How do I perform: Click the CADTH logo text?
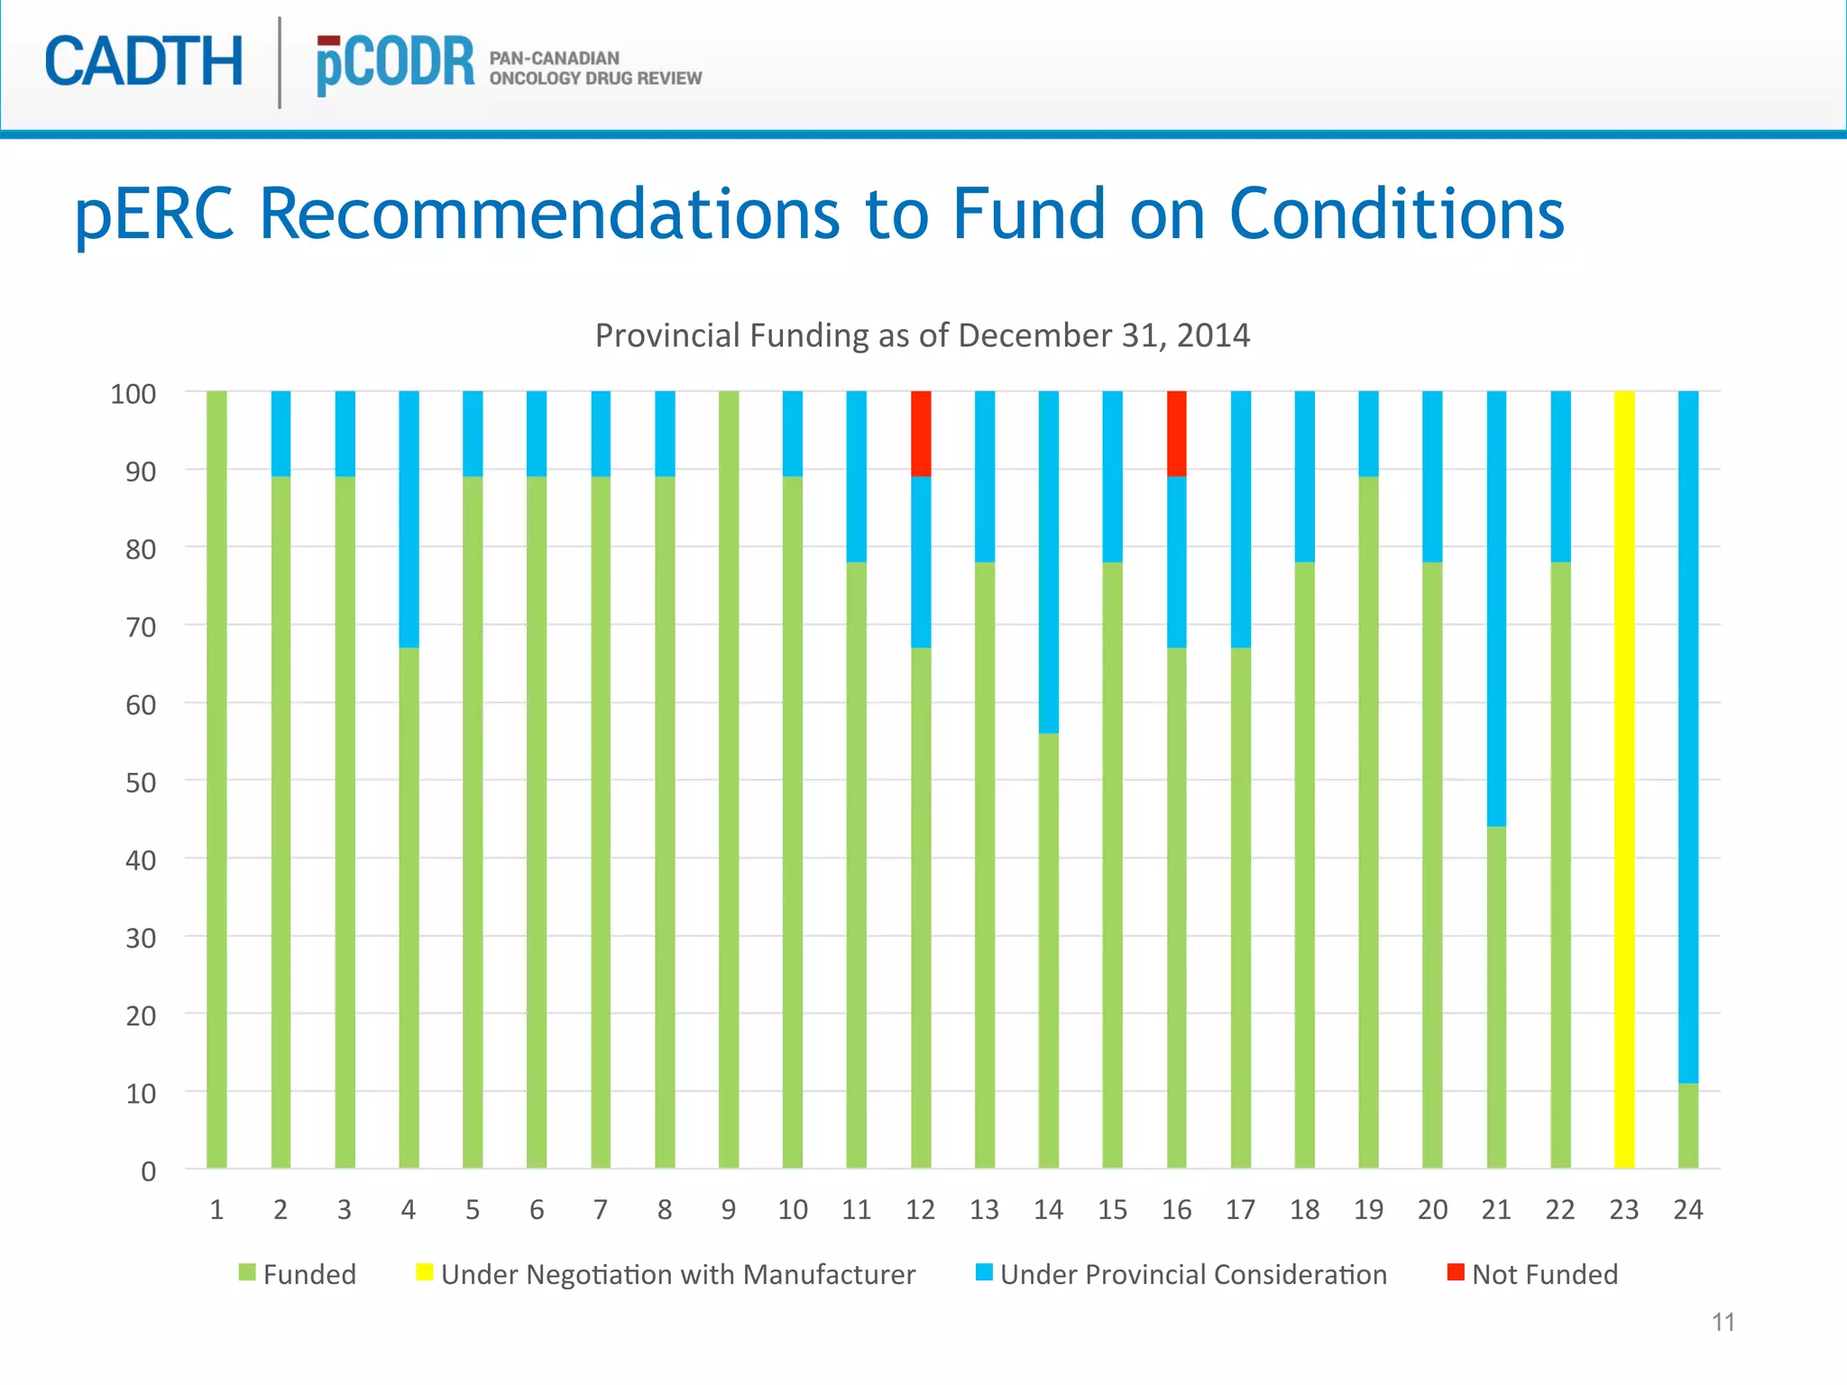coord(144,62)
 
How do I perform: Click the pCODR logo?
coord(395,65)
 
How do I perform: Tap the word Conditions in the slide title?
coord(1396,215)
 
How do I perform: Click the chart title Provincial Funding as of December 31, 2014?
coord(922,335)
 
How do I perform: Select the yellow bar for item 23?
coord(1623,780)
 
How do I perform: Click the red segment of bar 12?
coord(921,434)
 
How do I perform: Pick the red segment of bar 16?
coord(1176,434)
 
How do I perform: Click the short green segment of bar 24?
coord(1687,1125)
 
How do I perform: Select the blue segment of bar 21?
coord(1496,609)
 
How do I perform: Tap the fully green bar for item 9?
coord(729,780)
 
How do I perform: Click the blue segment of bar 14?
coord(1048,562)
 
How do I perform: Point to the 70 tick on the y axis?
coord(141,627)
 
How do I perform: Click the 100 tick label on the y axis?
coord(133,394)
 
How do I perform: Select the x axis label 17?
coord(1240,1209)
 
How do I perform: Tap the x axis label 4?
coord(409,1209)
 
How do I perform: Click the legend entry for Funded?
coord(298,1274)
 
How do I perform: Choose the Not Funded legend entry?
coord(1533,1274)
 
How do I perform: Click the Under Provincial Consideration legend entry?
coord(1181,1274)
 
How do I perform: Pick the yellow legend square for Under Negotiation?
coord(424,1272)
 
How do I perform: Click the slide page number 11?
coord(1723,1322)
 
